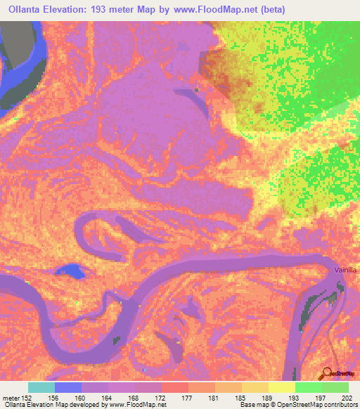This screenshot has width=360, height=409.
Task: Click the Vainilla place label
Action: [x=345, y=269]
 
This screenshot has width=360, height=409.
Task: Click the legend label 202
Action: [x=345, y=397]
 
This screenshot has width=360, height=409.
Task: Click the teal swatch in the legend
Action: [x=41, y=387]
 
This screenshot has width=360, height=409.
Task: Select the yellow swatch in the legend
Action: [x=281, y=387]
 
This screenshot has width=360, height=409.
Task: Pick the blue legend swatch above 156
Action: [x=67, y=387]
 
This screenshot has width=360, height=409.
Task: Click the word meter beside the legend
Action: [x=12, y=397]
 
